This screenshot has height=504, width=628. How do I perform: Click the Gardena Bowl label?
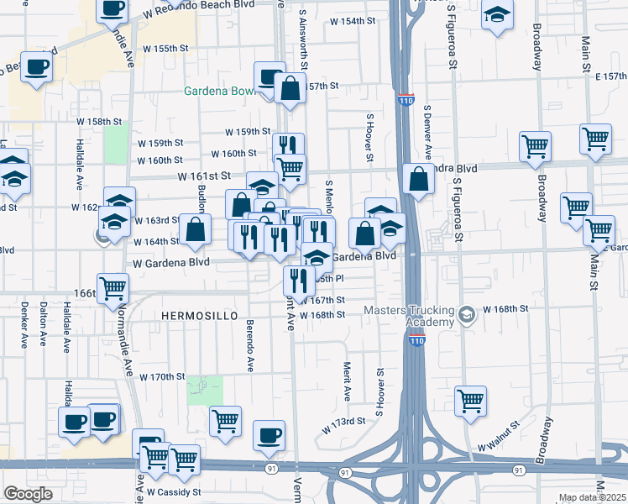tap(219, 91)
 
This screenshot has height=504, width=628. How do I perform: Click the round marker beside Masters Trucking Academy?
tap(468, 316)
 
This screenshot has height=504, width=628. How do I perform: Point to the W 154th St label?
tap(353, 20)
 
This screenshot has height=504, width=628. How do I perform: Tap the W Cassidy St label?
tap(174, 491)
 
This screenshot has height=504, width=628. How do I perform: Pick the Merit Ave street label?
tap(347, 381)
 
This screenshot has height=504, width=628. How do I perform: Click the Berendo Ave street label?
tap(250, 344)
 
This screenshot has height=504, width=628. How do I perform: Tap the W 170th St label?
tap(161, 376)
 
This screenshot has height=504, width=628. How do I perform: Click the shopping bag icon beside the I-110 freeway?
tap(418, 179)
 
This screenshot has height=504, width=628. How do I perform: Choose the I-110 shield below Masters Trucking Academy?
tap(416, 339)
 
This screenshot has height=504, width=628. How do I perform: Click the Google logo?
tap(28, 494)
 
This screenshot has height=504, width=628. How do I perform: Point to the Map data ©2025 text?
tap(593, 497)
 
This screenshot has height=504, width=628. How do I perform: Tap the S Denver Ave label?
tap(427, 134)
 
